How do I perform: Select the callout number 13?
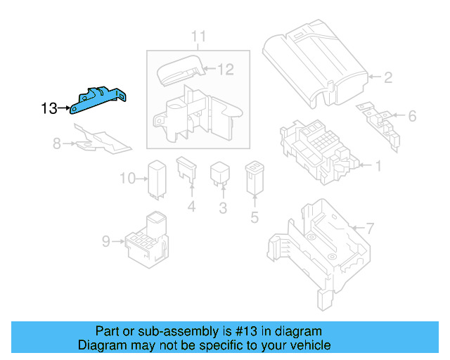pos(49,108)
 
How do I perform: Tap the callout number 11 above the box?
pos(198,36)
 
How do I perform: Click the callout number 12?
pos(224,69)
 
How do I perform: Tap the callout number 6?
pos(412,115)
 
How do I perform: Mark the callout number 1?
pos(378,167)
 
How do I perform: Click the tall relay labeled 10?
pos(155,178)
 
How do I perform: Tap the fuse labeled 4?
pos(188,173)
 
